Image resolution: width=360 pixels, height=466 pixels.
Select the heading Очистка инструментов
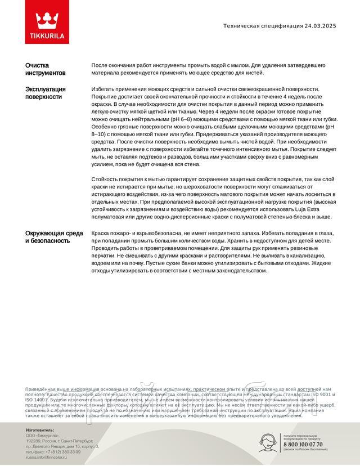[45, 69]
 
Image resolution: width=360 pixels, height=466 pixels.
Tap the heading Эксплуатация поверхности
[46, 93]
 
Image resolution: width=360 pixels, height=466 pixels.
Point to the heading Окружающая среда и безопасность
[54, 237]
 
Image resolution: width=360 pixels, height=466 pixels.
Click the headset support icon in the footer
[269, 442]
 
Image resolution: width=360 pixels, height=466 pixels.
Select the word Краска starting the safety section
[101, 232]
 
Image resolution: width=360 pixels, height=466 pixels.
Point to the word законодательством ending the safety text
[236, 271]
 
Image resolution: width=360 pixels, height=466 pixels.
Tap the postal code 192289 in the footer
[34, 441]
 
